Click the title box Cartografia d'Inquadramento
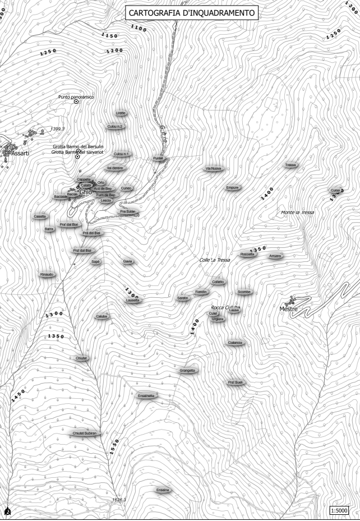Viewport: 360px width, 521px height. tap(191, 12)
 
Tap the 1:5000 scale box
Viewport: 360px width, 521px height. tap(339, 510)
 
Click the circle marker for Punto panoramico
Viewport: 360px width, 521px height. tap(77, 102)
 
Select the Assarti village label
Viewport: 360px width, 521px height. tap(18, 153)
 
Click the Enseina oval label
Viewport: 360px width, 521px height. tap(163, 490)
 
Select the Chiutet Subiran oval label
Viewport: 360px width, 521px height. tap(85, 434)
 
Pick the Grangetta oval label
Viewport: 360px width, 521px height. tap(188, 371)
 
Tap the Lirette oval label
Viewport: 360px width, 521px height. tap(121, 113)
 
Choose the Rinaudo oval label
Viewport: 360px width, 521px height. tap(47, 275)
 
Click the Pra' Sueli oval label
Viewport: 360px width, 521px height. tap(235, 382)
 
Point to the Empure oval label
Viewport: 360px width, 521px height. tap(233, 188)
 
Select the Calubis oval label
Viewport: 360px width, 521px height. tap(101, 317)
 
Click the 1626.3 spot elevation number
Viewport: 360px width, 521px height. tap(119, 500)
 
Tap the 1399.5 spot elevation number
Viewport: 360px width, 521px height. tap(57, 129)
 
